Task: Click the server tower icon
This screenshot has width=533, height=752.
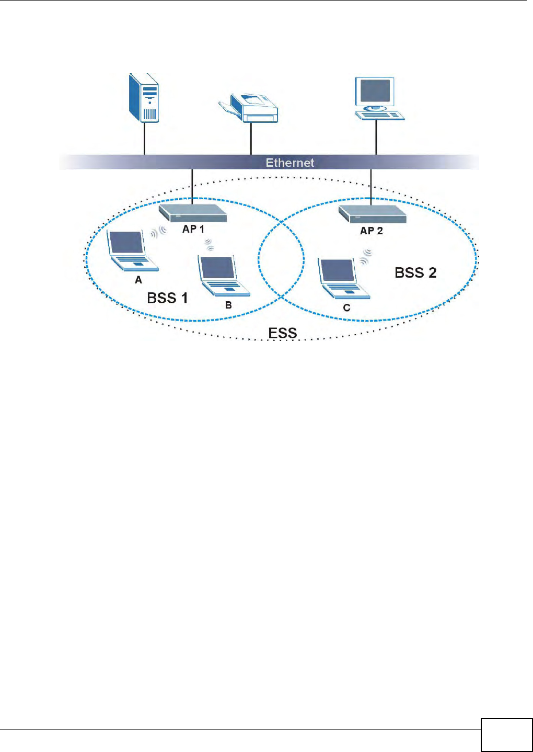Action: tap(144, 98)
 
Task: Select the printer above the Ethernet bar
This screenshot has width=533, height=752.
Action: tap(249, 107)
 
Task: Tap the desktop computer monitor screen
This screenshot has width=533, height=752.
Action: tap(374, 92)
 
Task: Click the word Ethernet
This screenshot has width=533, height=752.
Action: tap(290, 163)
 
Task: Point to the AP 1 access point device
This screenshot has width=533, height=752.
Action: tap(193, 213)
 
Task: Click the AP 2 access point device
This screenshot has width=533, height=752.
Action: tap(372, 213)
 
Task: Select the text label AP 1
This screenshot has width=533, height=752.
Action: tap(193, 229)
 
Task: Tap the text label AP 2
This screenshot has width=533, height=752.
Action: tap(372, 231)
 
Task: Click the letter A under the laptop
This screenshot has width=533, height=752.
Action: tap(138, 280)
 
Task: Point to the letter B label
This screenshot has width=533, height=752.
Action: tap(228, 305)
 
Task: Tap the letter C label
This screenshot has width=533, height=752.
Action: tap(346, 308)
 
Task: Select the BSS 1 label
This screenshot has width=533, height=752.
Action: tap(167, 298)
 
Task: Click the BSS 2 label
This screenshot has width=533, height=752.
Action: tap(415, 272)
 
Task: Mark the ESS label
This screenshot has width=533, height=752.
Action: tap(283, 333)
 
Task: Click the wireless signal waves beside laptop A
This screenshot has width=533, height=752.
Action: tap(158, 231)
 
